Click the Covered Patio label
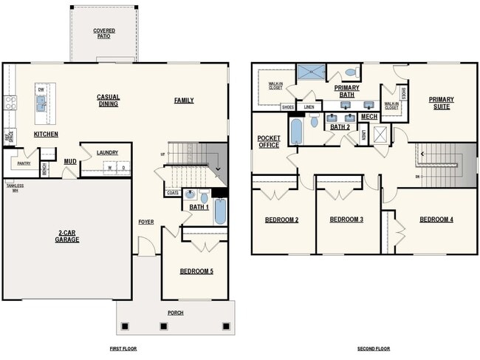[x=103, y=33]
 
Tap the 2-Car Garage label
[x=66, y=236]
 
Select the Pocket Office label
[x=269, y=141]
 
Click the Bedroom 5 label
[x=196, y=271]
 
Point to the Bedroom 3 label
[x=346, y=220]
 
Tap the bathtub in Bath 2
[x=297, y=132]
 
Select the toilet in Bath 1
[x=204, y=197]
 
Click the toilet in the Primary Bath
[x=351, y=73]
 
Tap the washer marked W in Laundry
[x=111, y=167]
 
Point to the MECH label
[x=369, y=117]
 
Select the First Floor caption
[x=122, y=348]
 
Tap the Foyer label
[x=145, y=222]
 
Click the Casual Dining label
[x=108, y=101]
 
